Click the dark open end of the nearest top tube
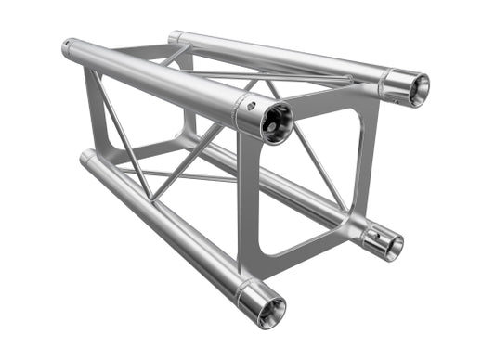(276, 122)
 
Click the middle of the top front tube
(158, 79)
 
